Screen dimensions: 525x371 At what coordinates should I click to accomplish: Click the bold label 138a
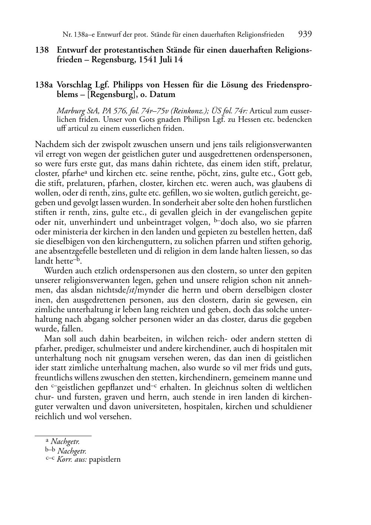(x=44, y=85)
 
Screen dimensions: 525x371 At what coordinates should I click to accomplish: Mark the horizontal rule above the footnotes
(x=63, y=436)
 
